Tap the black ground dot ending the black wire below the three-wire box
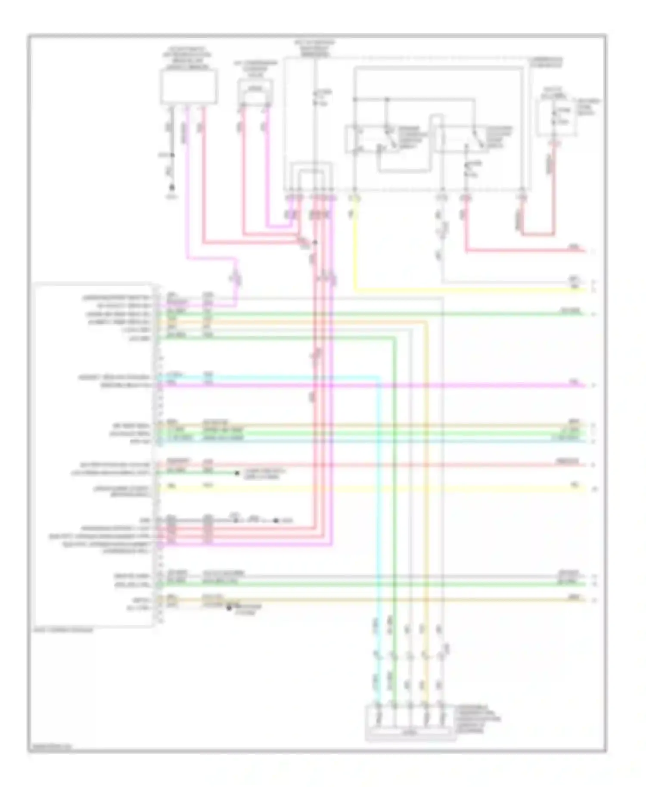click(x=171, y=188)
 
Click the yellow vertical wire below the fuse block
click(x=354, y=245)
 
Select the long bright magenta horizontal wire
click(x=370, y=385)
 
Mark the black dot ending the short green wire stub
click(x=236, y=474)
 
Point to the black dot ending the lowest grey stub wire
click(x=229, y=607)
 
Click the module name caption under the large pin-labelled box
click(x=64, y=630)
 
